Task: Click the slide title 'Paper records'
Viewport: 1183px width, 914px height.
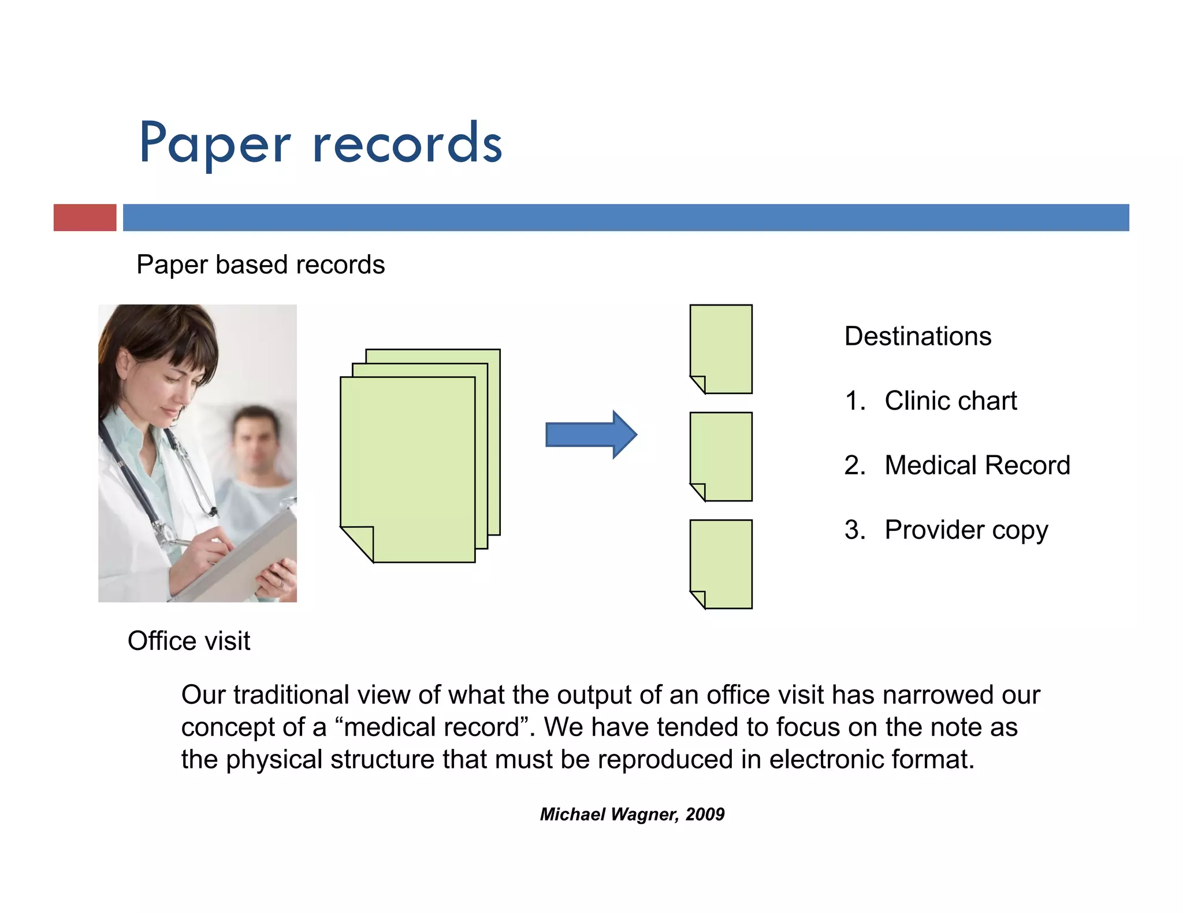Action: tap(321, 143)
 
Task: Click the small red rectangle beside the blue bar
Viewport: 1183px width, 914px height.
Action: tap(85, 217)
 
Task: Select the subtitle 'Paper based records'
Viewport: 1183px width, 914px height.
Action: tap(261, 265)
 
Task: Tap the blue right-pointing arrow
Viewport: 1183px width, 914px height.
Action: tap(590, 434)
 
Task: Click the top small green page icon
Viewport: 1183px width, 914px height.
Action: tap(721, 348)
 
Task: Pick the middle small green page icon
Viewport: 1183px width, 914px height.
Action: tap(721, 456)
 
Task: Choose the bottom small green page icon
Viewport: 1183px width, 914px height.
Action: tap(721, 563)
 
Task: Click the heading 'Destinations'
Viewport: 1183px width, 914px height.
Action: tap(918, 336)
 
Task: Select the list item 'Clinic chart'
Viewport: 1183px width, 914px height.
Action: tap(950, 401)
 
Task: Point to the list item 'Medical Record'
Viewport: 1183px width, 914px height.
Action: tap(977, 465)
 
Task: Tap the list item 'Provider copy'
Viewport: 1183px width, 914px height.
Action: tap(966, 530)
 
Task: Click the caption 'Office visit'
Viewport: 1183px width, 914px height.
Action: tap(189, 641)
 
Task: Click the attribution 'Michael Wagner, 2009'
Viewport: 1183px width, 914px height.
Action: tap(632, 814)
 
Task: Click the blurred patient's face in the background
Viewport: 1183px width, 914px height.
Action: tap(254, 442)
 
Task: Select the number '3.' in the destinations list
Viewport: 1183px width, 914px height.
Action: tap(855, 530)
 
